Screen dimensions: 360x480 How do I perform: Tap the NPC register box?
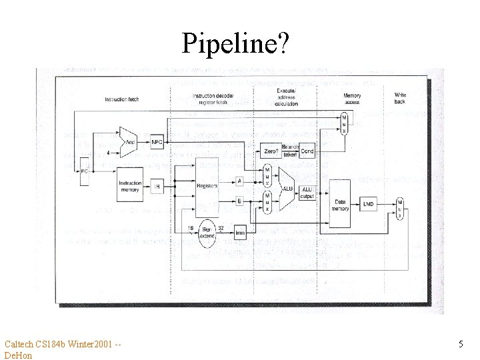[x=157, y=142]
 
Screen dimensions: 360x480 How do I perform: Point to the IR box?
[x=157, y=187]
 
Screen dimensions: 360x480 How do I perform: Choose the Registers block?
[x=207, y=187]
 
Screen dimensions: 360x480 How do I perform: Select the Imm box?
[x=240, y=233]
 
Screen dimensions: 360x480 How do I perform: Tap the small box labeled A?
[x=239, y=180]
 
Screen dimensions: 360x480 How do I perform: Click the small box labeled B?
[x=239, y=200]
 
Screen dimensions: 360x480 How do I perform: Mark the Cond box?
[x=307, y=151]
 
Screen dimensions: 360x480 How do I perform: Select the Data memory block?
[x=340, y=203]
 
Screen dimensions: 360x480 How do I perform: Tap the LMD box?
[x=369, y=204]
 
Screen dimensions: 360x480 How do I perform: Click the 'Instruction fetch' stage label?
[x=121, y=100]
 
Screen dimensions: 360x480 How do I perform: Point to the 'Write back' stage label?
[x=400, y=99]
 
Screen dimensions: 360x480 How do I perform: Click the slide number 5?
[x=461, y=344]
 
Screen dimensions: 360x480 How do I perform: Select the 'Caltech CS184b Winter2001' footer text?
[x=60, y=344]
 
